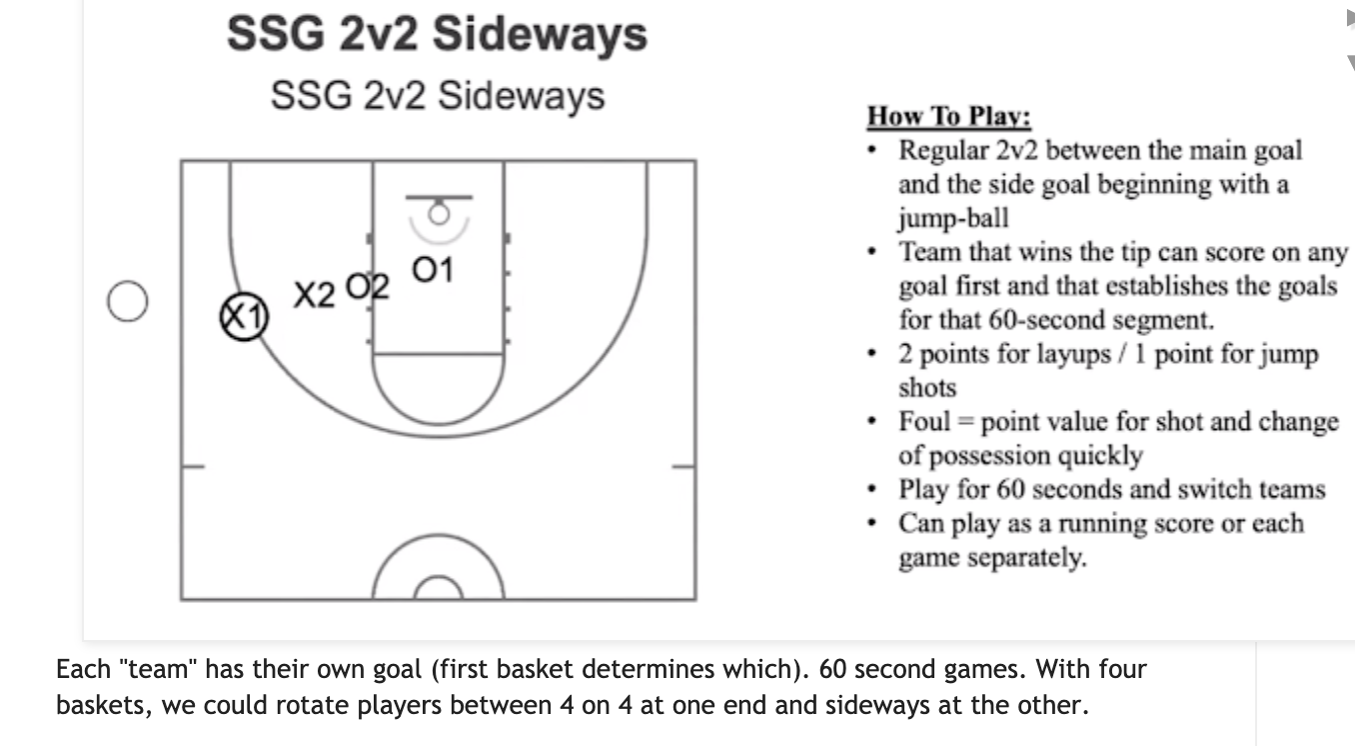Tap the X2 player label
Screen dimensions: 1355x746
(315, 295)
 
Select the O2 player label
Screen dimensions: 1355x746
(366, 286)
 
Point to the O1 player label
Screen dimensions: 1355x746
(433, 270)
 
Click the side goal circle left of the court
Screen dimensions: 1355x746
(128, 301)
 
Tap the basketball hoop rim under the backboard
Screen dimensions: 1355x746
(438, 212)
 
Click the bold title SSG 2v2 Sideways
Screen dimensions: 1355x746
(437, 34)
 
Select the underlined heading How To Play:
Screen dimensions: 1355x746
(948, 116)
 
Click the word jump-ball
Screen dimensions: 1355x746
(953, 218)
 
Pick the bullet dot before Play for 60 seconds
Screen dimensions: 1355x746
(874, 490)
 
